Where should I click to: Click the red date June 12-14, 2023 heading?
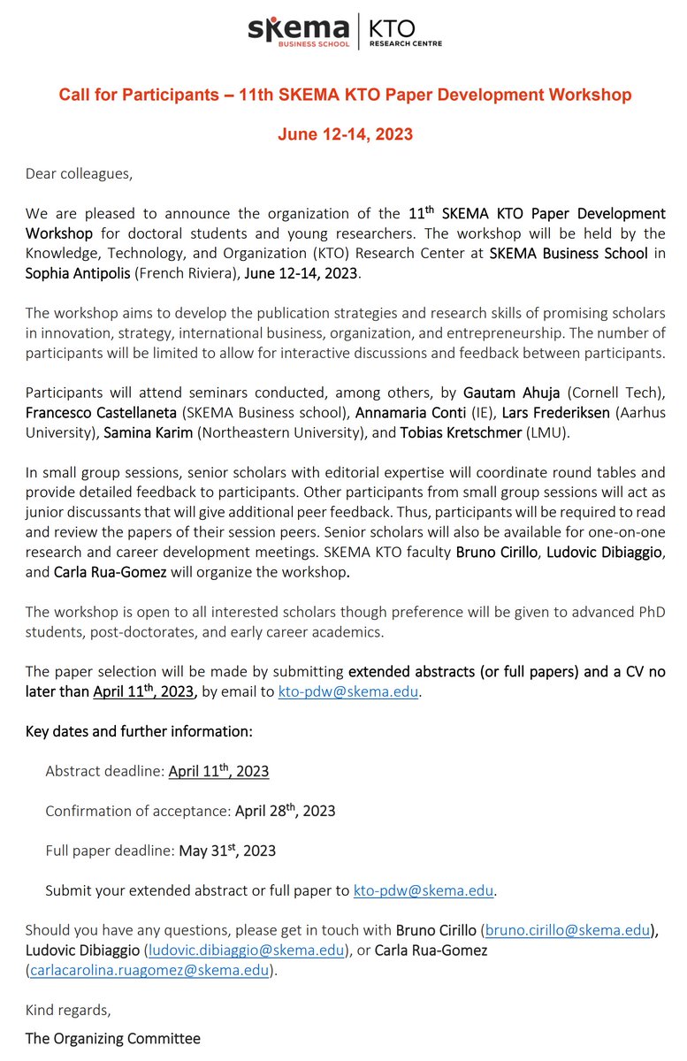tap(345, 134)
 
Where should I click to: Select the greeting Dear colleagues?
tap(79, 173)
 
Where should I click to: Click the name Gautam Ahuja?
tap(492, 393)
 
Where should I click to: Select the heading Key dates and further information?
tap(139, 731)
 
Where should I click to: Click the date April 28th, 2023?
tap(285, 811)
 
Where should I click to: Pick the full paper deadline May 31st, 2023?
tap(227, 851)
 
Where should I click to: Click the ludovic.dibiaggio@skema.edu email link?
tap(245, 950)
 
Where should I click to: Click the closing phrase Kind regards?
tap(68, 1009)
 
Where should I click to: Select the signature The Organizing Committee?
tap(112, 1038)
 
